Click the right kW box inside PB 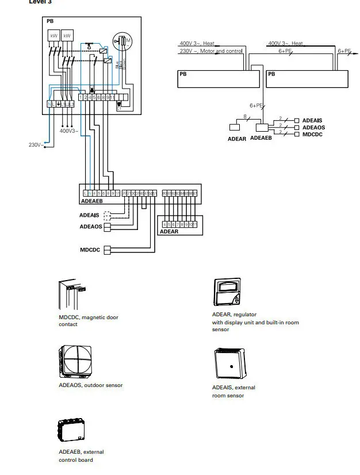67,35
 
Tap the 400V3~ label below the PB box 69,131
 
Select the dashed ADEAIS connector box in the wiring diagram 106,216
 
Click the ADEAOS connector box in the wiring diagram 106,227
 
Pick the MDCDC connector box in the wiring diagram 106,250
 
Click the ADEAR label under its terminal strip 168,231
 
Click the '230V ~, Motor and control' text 210,51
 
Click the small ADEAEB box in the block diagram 262,128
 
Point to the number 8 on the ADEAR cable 246,117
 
